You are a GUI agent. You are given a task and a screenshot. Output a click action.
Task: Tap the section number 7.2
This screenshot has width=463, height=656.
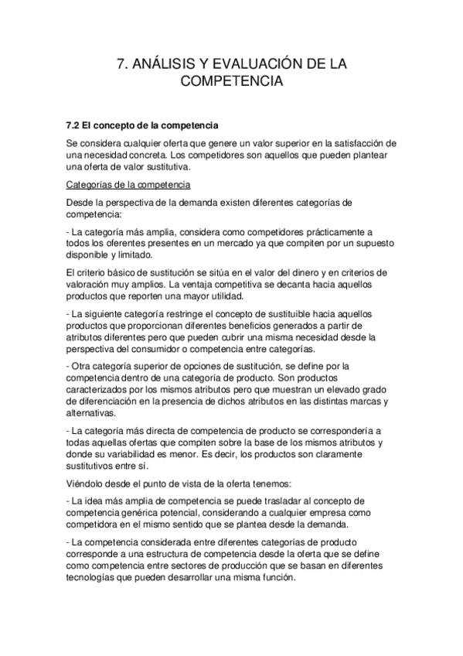click(77, 125)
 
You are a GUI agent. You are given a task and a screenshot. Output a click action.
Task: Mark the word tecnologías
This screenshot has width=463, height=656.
click(97, 577)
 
